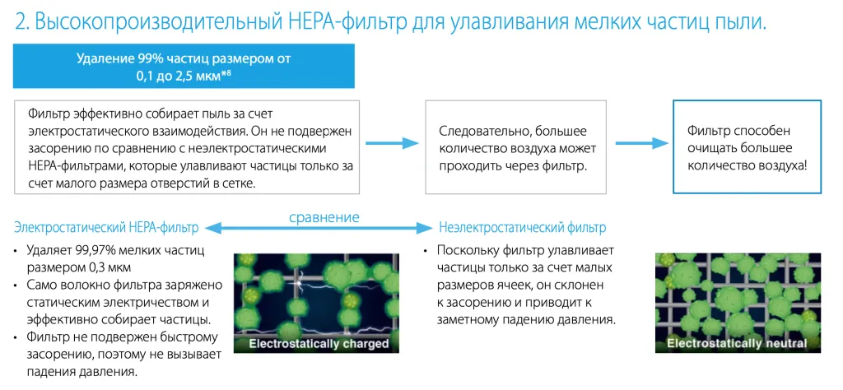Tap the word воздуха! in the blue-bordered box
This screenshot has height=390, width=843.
tap(783, 165)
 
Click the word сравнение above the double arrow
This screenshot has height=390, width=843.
tap(324, 217)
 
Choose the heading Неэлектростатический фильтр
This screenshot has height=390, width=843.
tap(523, 227)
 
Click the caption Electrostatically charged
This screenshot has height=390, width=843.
tap(319, 343)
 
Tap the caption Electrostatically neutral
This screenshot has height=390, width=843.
tap(738, 343)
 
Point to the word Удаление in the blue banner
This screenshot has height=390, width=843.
tap(102, 59)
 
